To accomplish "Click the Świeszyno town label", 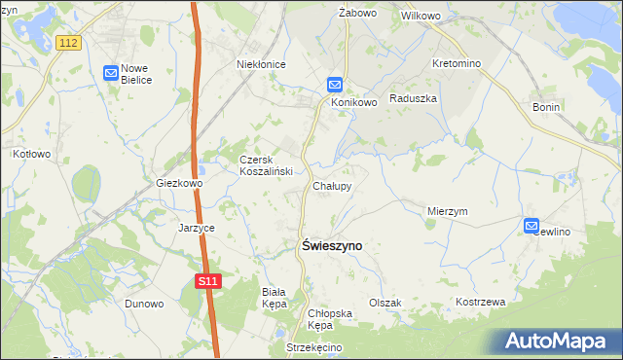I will coord(328,246).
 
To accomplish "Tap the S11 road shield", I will coord(204,281).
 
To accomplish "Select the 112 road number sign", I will coord(67,43).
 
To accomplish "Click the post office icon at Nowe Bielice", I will coord(111,71).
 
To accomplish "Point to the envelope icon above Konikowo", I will coord(334,85).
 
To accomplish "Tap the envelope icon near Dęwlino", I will coord(531,226).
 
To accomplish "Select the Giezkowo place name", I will coord(179,183).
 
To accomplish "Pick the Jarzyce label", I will coord(196,228).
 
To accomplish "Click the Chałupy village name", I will coord(332,185).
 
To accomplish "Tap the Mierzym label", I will coord(448,210).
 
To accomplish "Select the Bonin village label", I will coord(546,107).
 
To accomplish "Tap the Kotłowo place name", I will coord(31,154).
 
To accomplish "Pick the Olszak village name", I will coord(385,303).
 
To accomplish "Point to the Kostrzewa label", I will coord(481,303).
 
